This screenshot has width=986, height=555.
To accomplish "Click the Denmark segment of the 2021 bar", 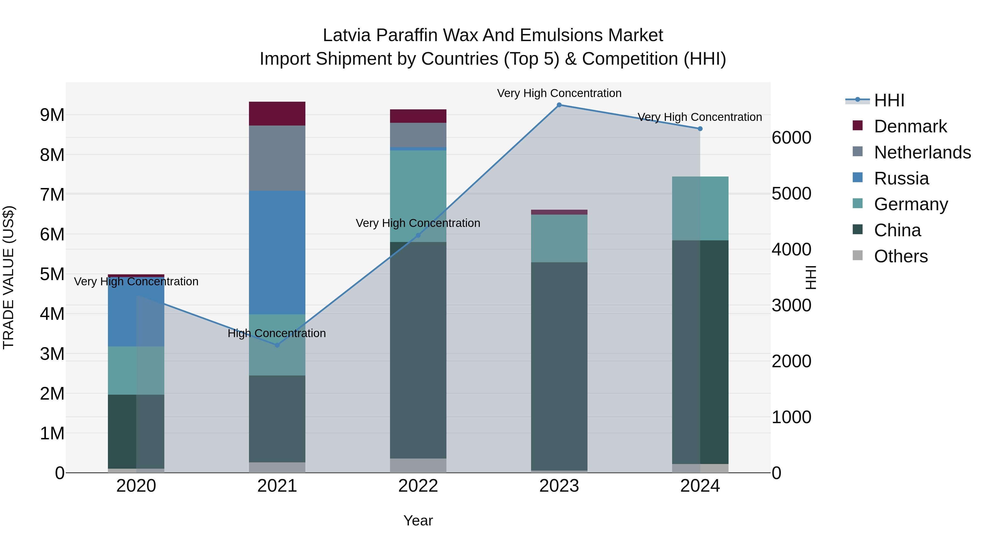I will pos(277,114).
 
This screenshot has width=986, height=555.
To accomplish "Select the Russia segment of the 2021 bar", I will pos(277,253).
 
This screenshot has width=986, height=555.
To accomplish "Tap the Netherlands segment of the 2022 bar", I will pos(418,135).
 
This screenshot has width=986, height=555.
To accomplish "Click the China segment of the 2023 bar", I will pos(559,366).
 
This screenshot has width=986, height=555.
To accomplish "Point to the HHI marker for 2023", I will pos(559,105).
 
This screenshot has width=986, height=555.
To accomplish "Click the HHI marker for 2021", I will pos(277,345).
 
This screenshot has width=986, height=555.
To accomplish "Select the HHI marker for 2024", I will pos(700,129).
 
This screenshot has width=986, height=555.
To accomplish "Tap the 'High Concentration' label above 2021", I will pos(277,333).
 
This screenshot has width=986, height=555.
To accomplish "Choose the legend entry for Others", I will pos(900,256).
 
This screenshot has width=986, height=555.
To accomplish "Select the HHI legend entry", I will pos(889,100).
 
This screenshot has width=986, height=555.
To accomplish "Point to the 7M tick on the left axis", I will pos(52,195).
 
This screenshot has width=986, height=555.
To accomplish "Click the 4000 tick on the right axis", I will pos(791,249).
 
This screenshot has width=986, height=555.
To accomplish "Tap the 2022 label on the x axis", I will pos(418,486).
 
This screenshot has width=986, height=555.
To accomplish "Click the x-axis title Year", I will pos(418,520).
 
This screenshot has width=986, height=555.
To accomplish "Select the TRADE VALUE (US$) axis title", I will pos(9,277).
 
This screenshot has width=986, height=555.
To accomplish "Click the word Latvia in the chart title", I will pos(347,35).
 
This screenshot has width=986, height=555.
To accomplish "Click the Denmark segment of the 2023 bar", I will pos(559,212).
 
